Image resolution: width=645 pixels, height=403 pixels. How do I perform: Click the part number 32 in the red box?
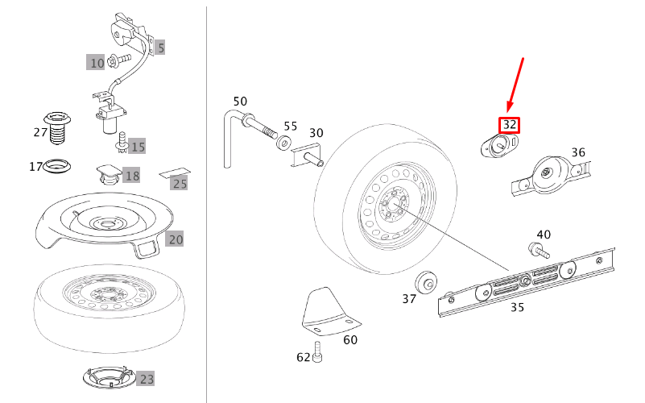click(x=510, y=125)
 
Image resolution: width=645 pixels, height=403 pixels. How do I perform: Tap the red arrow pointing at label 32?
click(x=516, y=84)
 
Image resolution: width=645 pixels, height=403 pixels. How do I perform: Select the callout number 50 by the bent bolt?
click(x=240, y=102)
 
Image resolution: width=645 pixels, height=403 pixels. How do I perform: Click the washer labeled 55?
click(x=283, y=143)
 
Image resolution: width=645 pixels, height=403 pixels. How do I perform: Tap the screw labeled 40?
click(x=534, y=250)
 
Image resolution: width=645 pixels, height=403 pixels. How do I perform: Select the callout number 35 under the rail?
click(x=518, y=307)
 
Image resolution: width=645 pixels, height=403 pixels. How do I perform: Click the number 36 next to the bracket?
click(x=578, y=152)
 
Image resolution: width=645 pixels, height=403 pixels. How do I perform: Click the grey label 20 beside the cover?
click(x=176, y=239)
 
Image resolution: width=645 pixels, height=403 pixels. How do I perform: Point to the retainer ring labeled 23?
click(x=107, y=376)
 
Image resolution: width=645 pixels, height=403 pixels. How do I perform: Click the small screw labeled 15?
click(x=122, y=143)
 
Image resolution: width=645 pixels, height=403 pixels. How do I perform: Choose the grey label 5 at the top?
click(x=160, y=48)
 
